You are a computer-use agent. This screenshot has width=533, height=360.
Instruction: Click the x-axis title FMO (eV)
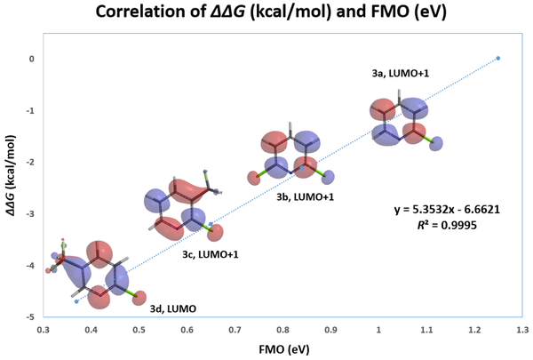282,351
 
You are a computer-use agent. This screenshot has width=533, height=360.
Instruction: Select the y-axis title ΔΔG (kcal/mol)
12,184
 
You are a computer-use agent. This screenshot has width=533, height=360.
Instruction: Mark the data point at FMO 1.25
497,58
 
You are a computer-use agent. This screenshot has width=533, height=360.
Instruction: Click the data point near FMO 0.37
76,301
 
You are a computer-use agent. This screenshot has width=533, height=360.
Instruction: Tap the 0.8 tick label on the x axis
282,330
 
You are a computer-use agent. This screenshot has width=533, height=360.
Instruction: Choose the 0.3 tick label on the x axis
43,330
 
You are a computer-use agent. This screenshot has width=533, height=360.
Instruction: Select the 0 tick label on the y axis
31,59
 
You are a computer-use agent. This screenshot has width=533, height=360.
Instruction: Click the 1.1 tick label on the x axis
426,330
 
